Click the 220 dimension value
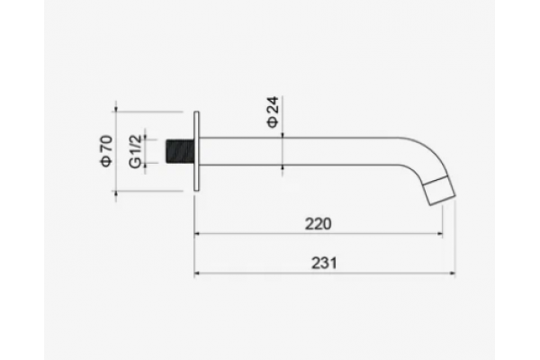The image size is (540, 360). tap(319, 224)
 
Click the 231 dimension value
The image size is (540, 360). tap(324, 263)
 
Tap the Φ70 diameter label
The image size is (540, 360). tap(106, 151)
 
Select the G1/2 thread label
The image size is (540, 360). tap(135, 151)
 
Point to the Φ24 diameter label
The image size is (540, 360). tap(273, 112)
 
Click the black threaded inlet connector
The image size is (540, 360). tap(180, 151)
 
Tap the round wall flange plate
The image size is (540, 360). tap(196, 151)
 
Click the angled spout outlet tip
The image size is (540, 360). tap(439, 191)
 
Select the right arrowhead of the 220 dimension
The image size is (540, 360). tap(440, 234)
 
